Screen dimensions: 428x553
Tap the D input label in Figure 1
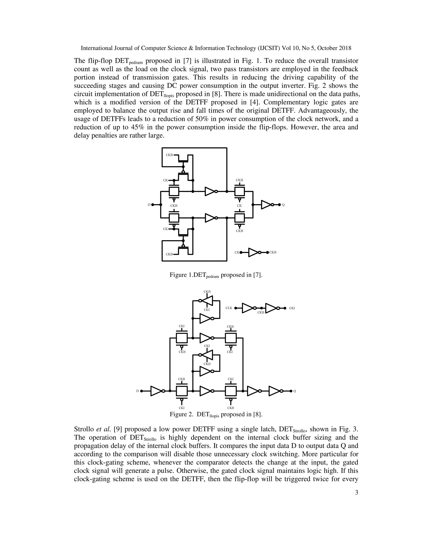tap(149, 205)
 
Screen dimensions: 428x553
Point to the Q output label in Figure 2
tap(295, 391)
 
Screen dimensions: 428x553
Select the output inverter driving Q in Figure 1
tap(266, 205)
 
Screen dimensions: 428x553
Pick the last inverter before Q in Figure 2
tap(275, 391)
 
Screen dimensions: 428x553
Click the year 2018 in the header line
tap(345, 48)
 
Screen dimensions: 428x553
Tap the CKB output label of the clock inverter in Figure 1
tap(273, 253)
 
